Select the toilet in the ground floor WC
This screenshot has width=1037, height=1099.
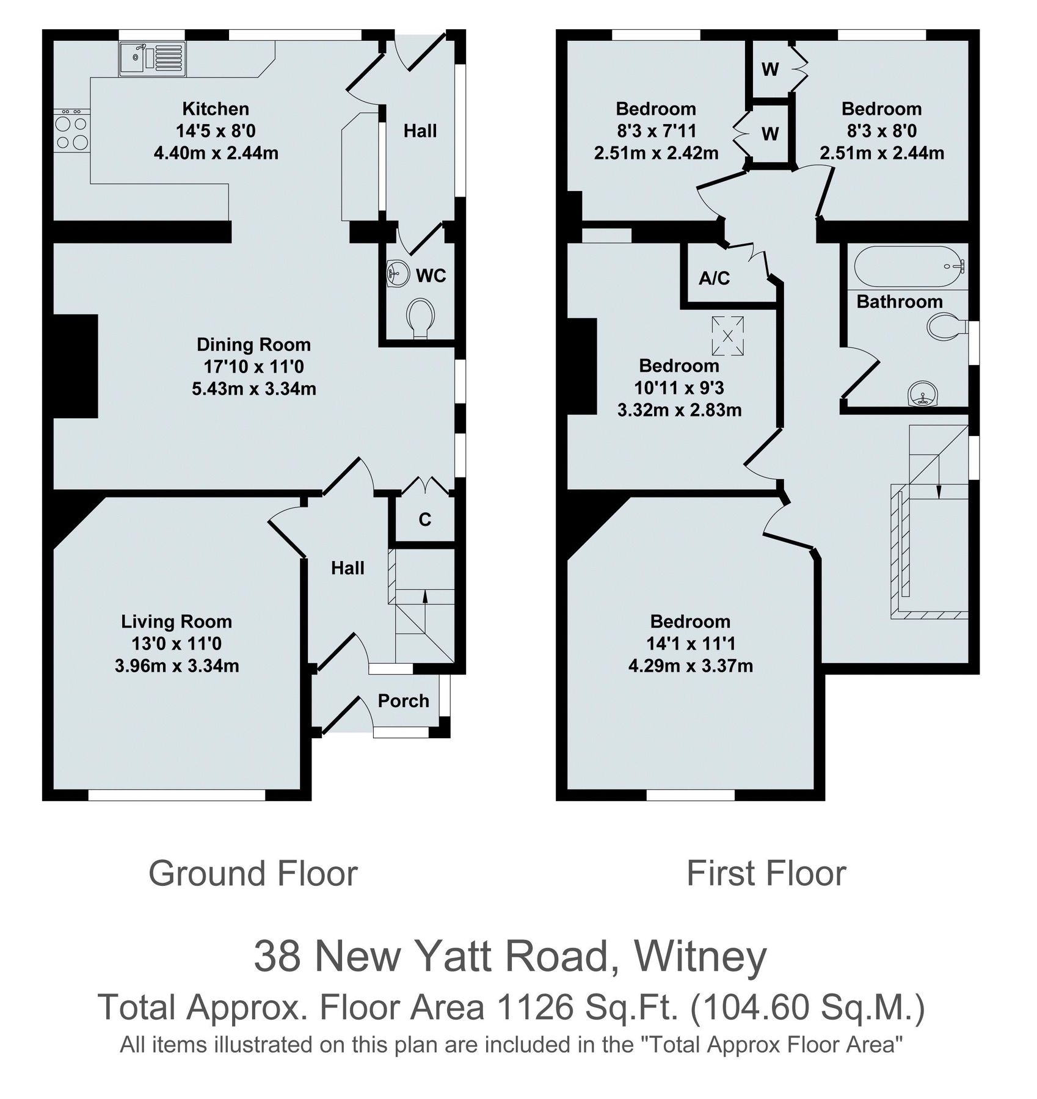click(421, 316)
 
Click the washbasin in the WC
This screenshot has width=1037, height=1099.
click(398, 272)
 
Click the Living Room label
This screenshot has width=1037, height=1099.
click(176, 622)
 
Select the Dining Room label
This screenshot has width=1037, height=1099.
click(253, 344)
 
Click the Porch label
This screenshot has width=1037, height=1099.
click(403, 701)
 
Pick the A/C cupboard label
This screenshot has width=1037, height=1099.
click(714, 278)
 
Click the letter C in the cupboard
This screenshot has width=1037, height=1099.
click(425, 520)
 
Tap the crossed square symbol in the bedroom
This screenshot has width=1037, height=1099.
click(727, 335)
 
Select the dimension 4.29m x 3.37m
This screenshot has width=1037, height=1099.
click(690, 666)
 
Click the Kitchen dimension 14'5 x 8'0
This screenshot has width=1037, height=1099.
click(216, 131)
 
